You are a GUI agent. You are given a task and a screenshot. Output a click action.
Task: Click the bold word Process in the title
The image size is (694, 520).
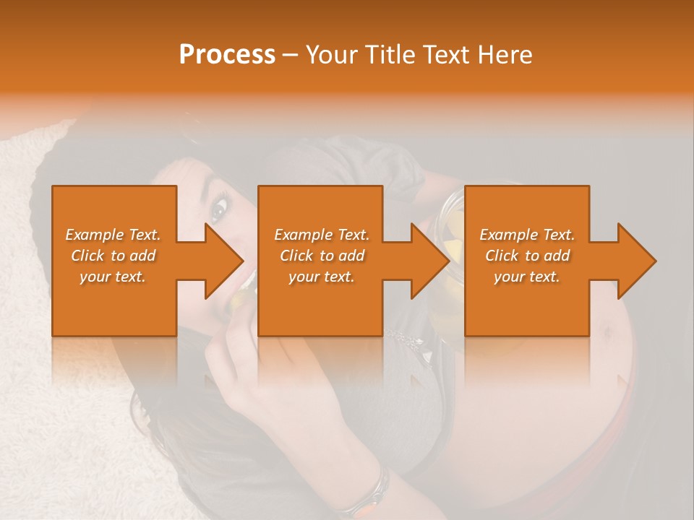click(x=227, y=55)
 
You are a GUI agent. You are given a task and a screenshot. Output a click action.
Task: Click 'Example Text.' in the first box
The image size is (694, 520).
click(x=113, y=235)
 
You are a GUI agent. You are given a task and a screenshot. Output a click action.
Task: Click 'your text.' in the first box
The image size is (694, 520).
click(x=113, y=277)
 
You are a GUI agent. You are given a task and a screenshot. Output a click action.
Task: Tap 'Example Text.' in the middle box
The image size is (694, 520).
click(x=322, y=235)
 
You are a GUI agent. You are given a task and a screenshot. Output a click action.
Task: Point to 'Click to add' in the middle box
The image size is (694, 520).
click(x=322, y=256)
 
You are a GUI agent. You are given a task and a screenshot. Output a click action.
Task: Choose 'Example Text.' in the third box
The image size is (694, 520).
click(x=527, y=235)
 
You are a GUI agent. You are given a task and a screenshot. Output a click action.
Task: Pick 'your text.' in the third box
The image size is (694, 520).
click(x=527, y=277)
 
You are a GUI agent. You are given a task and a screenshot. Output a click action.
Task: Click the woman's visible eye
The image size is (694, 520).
click(x=218, y=210)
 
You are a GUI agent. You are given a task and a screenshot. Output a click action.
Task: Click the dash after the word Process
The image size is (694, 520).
click(x=291, y=56)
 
